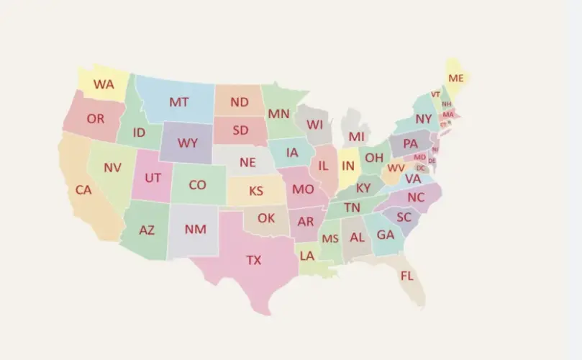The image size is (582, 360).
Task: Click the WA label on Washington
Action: (104, 84)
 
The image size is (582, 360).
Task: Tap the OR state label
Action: (95, 119)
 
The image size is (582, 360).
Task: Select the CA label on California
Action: (83, 191)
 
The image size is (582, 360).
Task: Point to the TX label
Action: (254, 260)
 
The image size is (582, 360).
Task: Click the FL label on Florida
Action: (406, 276)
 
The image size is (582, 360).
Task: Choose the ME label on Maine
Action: (455, 78)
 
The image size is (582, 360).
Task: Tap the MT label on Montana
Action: (178, 102)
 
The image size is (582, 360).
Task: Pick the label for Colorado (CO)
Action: (197, 185)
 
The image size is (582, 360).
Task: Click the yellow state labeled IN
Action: (348, 166)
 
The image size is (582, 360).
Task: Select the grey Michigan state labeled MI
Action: (355, 136)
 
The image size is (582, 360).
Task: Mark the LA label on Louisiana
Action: (307, 256)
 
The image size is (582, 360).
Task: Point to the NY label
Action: (424, 119)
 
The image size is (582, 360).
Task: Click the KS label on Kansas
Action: (256, 192)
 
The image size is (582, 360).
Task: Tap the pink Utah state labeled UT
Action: (153, 177)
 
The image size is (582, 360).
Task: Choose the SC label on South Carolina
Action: (404, 217)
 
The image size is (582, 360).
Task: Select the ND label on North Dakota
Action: (240, 102)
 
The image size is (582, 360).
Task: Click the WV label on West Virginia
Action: (396, 168)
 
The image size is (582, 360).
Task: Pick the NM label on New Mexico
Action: (195, 230)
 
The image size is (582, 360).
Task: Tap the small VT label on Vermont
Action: (435, 94)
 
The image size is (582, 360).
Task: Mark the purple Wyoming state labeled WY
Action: (187, 143)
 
